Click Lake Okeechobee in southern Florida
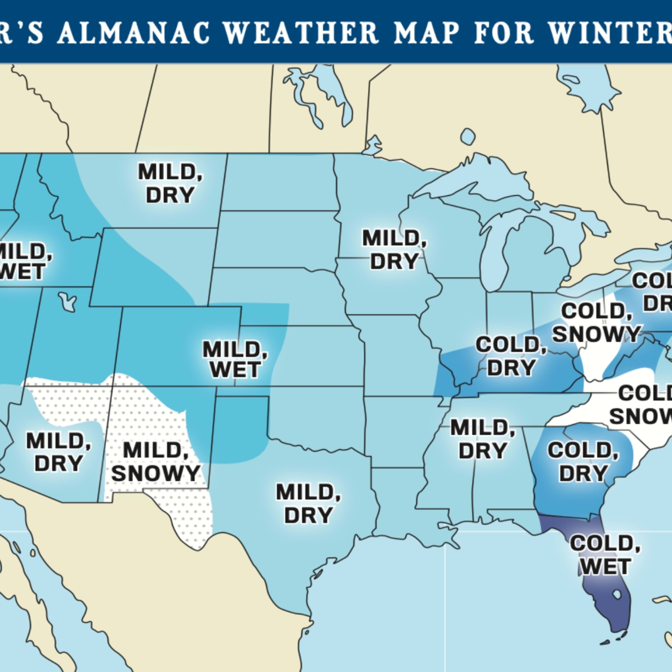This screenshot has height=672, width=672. click(x=617, y=594)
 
